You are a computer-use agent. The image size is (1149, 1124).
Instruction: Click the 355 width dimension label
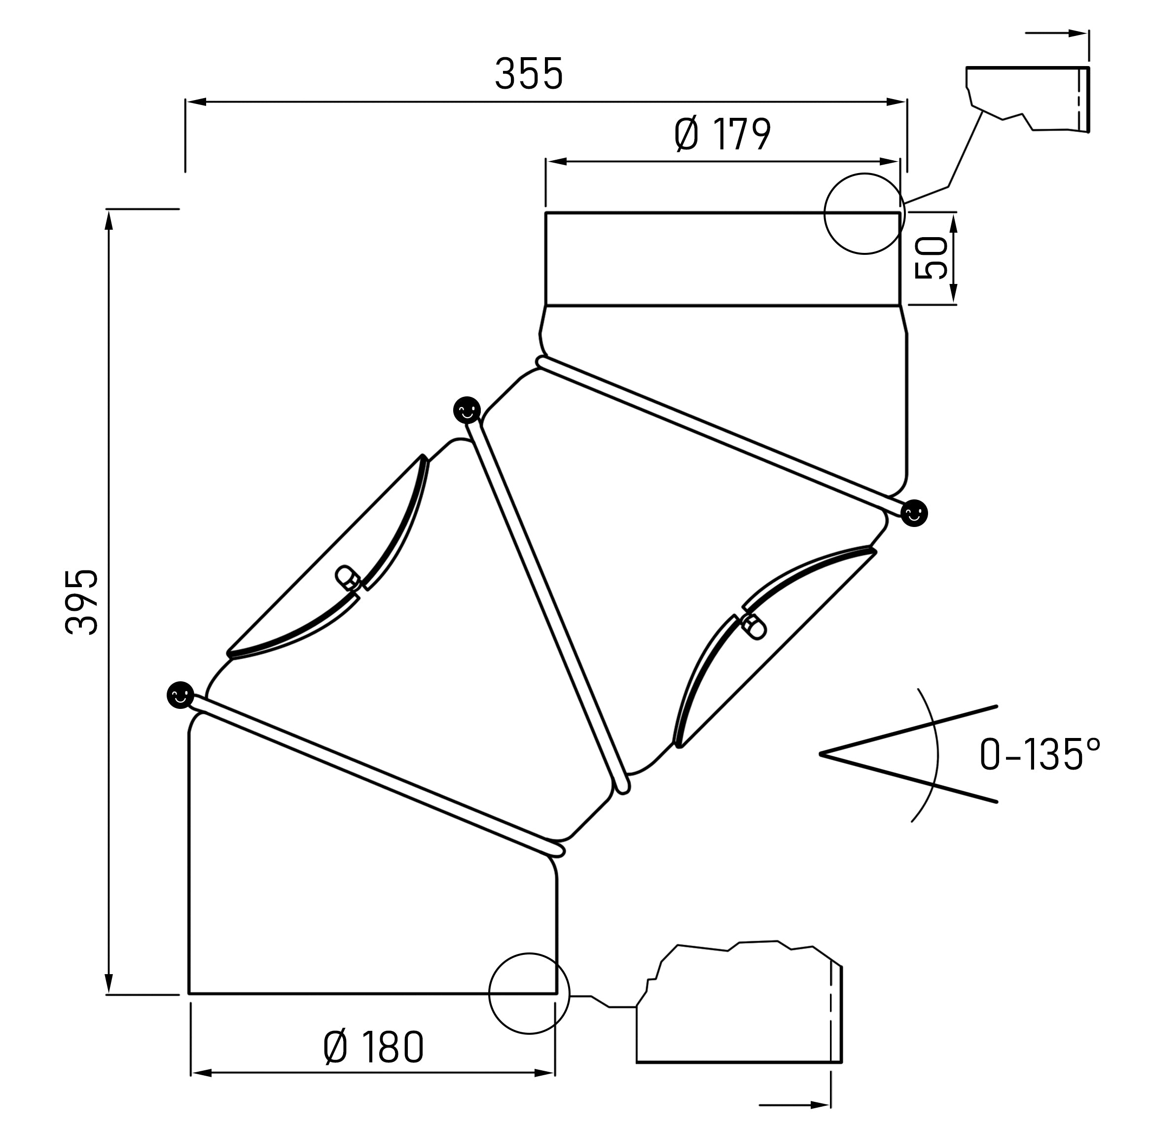(529, 74)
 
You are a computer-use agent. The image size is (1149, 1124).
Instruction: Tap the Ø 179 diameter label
(723, 135)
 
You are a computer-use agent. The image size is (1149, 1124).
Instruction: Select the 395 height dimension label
(81, 601)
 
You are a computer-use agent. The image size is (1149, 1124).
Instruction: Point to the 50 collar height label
(931, 258)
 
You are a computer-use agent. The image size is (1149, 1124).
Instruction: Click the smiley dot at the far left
(180, 694)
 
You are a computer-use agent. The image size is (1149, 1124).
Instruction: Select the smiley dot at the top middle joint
(467, 409)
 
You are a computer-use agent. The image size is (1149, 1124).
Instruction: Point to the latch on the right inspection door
(754, 627)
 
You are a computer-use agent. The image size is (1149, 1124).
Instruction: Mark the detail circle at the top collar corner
(864, 213)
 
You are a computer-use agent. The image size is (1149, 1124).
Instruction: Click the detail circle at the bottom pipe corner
(529, 993)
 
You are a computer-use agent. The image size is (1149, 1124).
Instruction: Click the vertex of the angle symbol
(821, 754)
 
